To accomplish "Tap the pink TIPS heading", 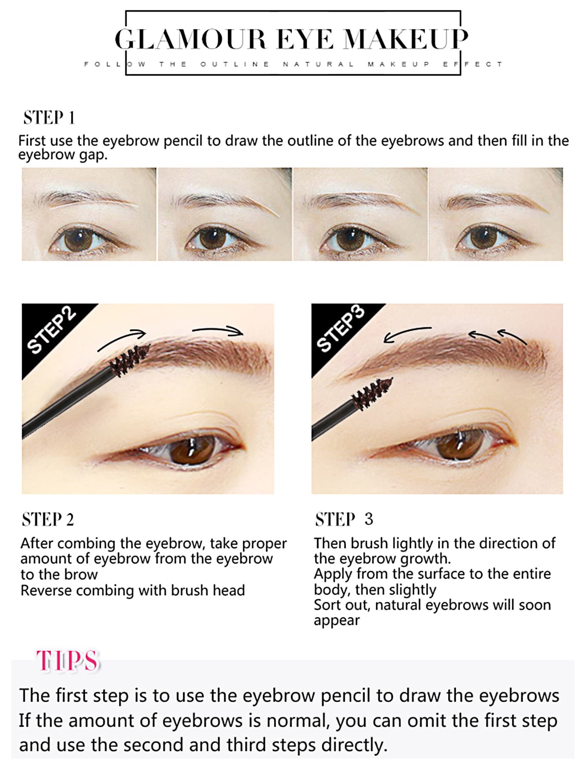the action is (68, 661).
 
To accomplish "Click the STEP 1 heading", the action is (49, 118).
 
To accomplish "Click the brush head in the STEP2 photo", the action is (129, 359).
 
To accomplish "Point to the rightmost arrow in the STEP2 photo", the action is (218, 330).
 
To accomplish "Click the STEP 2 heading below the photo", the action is (48, 519).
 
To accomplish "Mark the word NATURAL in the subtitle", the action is (318, 64).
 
